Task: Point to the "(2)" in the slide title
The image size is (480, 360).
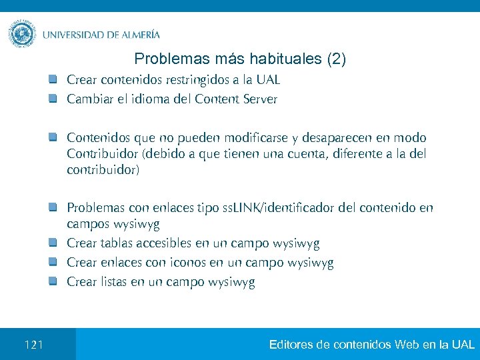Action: point(335,59)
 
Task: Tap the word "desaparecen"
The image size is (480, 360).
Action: point(337,138)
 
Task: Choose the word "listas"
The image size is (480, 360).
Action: point(112,282)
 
